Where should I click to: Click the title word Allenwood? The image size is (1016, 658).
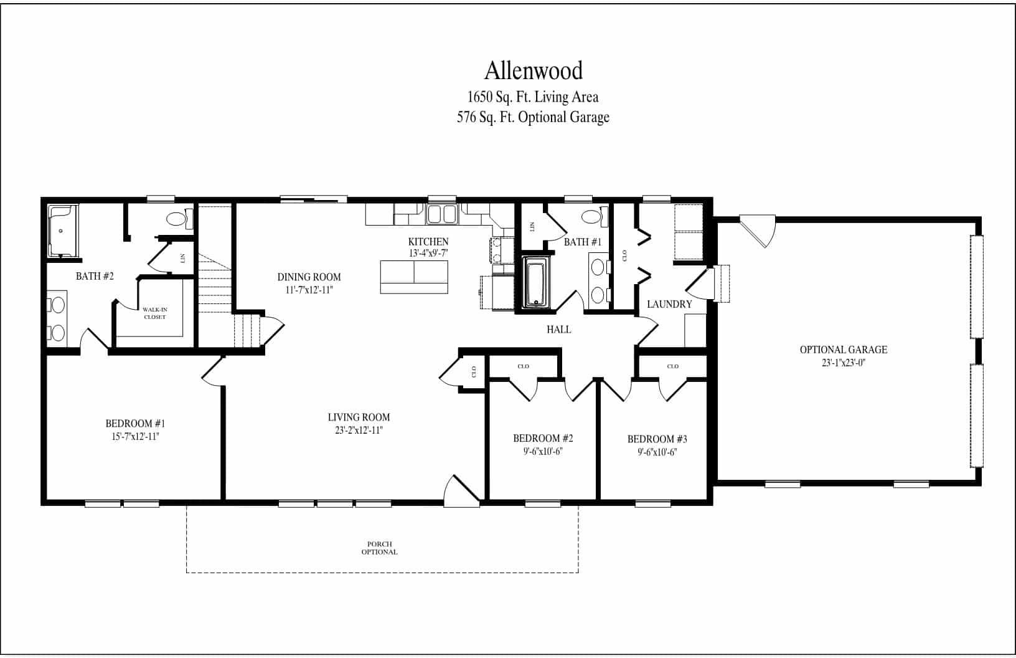pos(534,71)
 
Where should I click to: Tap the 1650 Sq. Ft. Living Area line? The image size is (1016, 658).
pos(533,97)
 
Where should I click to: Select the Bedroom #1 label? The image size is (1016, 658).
pos(135,424)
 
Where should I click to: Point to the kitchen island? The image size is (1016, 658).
pos(414,277)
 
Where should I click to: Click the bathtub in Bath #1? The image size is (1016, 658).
pos(536,284)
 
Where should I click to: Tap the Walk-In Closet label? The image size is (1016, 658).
pos(154,313)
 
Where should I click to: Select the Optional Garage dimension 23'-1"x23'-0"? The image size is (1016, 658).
pos(844,362)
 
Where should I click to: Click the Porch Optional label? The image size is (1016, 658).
pos(379,548)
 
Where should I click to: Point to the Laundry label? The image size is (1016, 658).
pos(669,305)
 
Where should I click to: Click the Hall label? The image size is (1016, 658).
pos(558,330)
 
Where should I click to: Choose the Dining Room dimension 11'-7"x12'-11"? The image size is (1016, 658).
pos(309,290)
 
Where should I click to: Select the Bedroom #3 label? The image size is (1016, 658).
pos(657,439)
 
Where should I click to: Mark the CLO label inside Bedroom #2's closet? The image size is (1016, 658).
pos(523,366)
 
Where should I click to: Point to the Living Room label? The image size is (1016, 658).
pos(359,417)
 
